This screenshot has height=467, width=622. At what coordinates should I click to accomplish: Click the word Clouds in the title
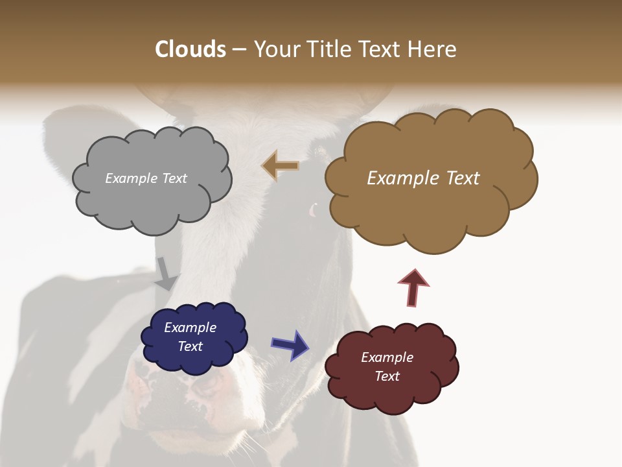(x=190, y=49)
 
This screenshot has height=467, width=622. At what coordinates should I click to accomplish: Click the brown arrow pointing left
(x=281, y=166)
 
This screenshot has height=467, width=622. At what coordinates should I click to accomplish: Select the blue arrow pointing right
(x=290, y=344)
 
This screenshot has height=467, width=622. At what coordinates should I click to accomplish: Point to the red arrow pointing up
(x=413, y=287)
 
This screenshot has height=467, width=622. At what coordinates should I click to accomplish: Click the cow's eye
(x=314, y=210)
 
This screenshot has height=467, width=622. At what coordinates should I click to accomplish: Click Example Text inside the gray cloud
(x=146, y=178)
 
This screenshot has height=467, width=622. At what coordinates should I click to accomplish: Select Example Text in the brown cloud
(x=423, y=178)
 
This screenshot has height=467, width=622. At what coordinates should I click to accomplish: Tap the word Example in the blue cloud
(x=190, y=328)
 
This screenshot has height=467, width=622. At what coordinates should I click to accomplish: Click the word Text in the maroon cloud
(x=387, y=376)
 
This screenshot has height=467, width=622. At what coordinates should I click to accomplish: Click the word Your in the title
(x=277, y=49)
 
